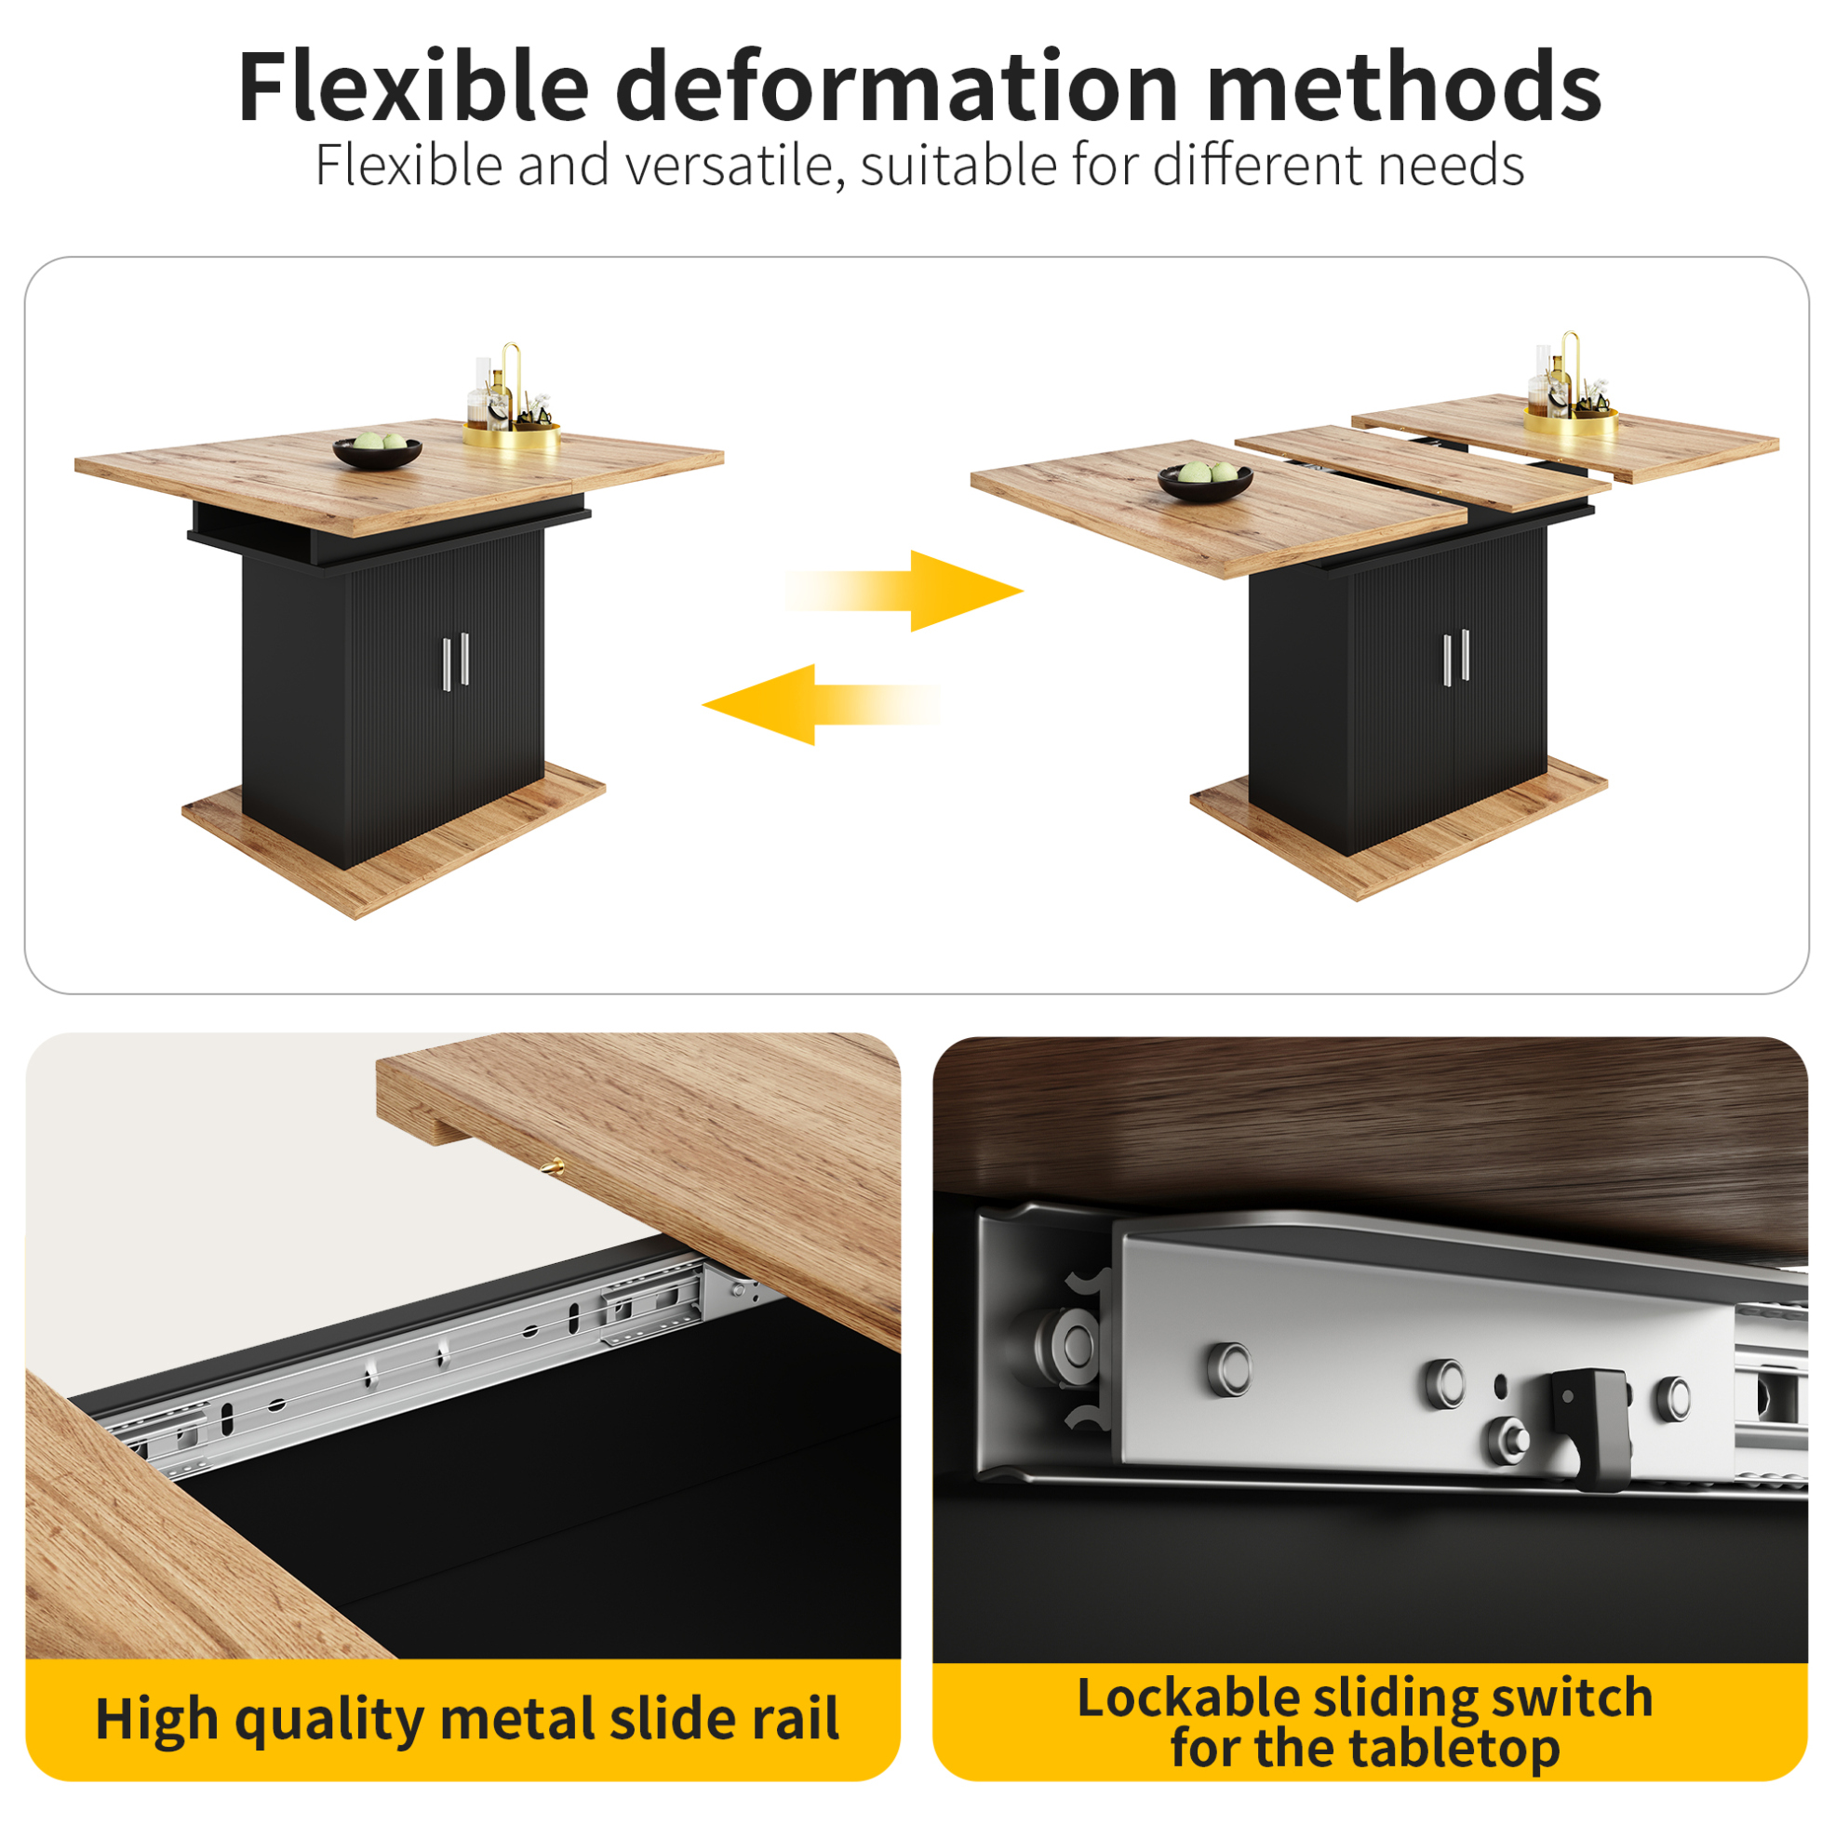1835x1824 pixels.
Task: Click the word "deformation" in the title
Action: coord(898,87)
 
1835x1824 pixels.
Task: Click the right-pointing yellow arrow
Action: coord(904,591)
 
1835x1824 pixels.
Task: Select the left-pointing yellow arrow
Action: coord(822,704)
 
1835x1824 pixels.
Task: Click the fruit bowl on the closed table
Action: coord(377,451)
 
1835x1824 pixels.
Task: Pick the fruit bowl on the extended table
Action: coord(1205,481)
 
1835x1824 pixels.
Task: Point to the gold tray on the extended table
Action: coord(1571,420)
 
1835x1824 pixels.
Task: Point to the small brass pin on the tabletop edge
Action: coord(552,1167)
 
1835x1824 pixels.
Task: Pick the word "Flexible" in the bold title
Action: coord(414,87)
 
